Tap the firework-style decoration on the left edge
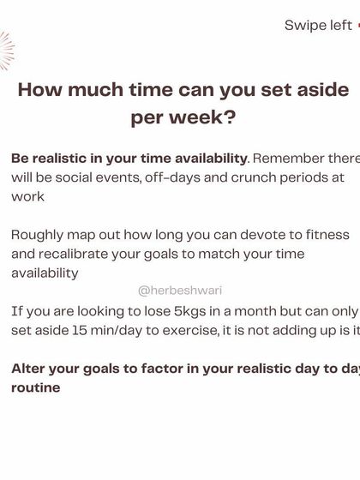click(5, 51)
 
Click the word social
click(93, 177)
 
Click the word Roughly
click(39, 234)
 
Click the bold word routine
click(37, 387)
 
